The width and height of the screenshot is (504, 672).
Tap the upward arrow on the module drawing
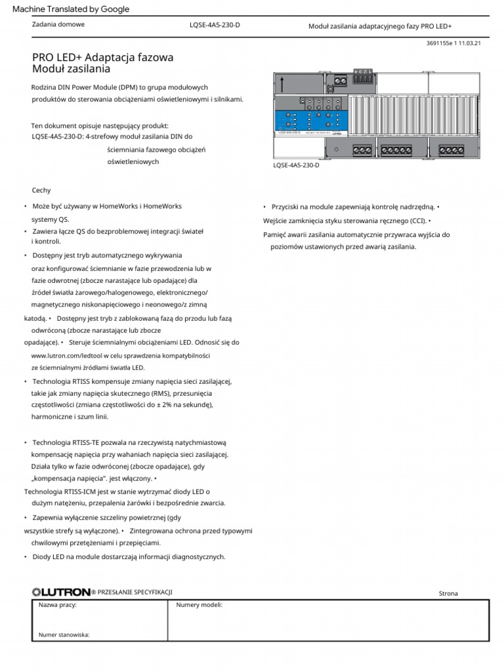coord(282,85)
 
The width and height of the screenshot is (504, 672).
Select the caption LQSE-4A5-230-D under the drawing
coord(296,166)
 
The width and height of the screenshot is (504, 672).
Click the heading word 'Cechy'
coord(41,190)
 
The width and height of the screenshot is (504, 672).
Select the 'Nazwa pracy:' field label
coord(58,605)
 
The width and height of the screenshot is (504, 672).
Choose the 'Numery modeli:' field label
coord(199,605)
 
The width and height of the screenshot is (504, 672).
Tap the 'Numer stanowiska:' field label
coord(64,635)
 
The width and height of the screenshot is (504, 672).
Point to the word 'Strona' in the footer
coord(448,593)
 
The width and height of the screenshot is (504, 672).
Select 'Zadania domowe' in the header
coord(58,25)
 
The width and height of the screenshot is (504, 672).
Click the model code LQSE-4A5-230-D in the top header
coord(215,26)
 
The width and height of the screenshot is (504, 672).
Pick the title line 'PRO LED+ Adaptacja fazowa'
coord(103,58)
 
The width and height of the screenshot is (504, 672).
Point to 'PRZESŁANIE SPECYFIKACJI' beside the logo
coord(135,592)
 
